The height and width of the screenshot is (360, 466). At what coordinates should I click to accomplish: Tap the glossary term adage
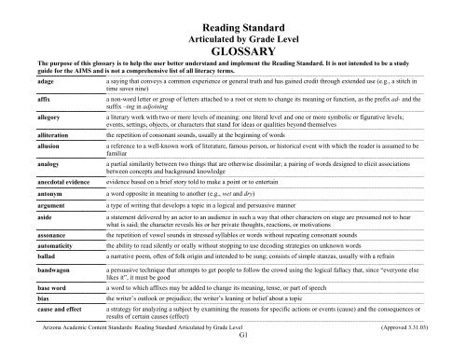[x=36, y=83]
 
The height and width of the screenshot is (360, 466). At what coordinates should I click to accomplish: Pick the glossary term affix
[x=34, y=98]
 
